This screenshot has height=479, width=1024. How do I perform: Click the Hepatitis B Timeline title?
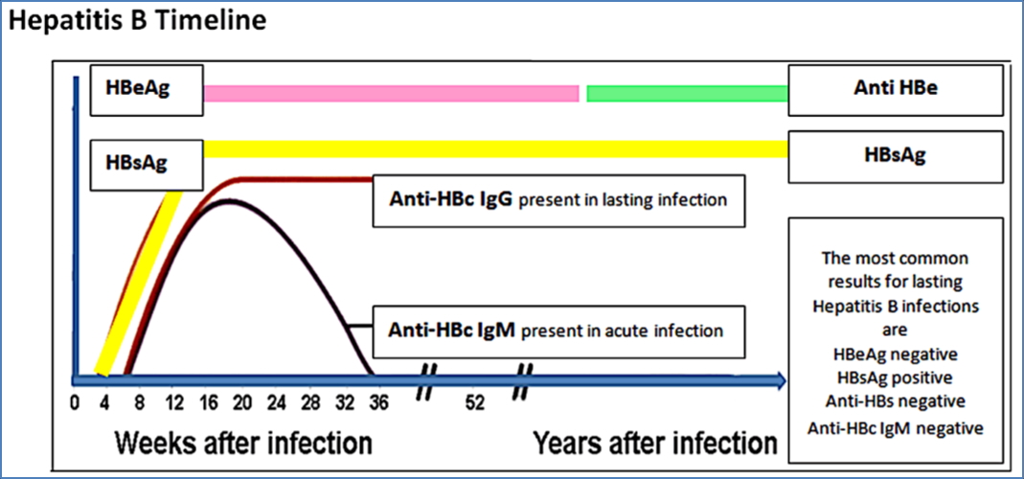click(x=136, y=20)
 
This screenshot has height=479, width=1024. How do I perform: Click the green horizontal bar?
click(x=687, y=93)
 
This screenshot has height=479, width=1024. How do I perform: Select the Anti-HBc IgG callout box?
click(x=558, y=200)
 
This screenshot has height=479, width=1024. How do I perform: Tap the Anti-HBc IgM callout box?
click(x=558, y=331)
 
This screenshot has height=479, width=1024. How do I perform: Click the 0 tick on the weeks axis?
click(x=76, y=402)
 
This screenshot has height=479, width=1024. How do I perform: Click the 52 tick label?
click(x=475, y=402)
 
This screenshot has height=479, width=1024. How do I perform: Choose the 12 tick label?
click(x=174, y=402)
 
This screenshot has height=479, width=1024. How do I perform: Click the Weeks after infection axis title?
click(x=243, y=444)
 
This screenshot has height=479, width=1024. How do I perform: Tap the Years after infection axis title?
click(x=655, y=444)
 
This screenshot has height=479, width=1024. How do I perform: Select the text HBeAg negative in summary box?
click(x=895, y=352)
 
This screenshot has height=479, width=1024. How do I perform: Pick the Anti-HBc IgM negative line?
click(x=895, y=427)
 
